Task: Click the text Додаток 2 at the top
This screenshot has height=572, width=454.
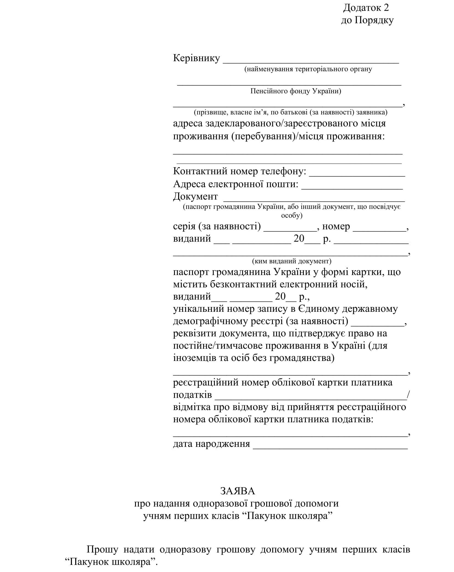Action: [366, 8]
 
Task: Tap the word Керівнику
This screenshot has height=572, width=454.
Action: [197, 58]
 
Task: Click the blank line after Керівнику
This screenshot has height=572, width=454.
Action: [310, 62]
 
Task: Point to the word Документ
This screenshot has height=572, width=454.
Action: [195, 196]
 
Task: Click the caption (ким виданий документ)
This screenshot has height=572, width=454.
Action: [292, 261]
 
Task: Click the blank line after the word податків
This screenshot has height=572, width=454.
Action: [310, 398]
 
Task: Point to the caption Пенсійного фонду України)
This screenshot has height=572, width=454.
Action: [296, 91]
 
